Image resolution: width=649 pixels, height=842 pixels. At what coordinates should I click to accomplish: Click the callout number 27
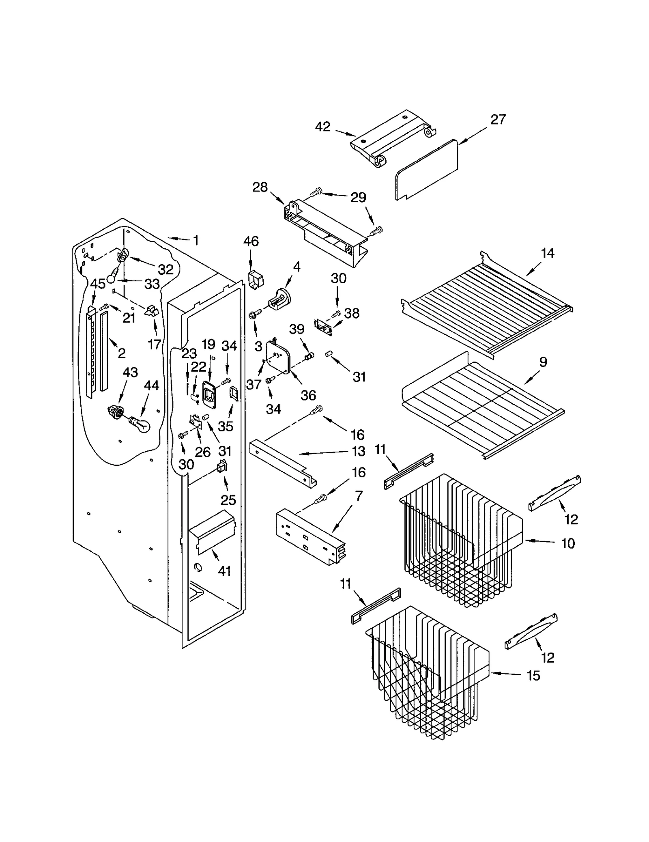point(498,119)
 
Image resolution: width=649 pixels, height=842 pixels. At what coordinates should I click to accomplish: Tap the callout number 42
point(322,127)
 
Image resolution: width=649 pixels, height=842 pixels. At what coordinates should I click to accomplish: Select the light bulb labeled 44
point(140,425)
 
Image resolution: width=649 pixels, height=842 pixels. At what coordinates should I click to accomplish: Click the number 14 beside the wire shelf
point(547,253)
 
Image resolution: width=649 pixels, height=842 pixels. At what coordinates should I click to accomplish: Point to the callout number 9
point(543,362)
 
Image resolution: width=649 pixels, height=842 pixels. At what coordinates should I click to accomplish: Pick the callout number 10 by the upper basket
point(568,543)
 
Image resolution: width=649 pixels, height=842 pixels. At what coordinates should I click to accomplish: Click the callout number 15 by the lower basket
point(533,675)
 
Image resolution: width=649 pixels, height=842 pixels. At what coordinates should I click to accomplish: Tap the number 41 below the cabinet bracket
point(224,571)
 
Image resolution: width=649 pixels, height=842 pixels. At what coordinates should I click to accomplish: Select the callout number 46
point(251,241)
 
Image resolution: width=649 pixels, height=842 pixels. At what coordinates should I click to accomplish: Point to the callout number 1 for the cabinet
point(196,240)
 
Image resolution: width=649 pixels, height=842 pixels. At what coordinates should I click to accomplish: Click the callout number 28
point(260,187)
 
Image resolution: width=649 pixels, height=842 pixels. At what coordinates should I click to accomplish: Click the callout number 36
point(308,395)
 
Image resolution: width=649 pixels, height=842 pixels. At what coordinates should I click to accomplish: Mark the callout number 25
point(228,500)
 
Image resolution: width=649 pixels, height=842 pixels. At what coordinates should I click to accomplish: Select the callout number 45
point(98,284)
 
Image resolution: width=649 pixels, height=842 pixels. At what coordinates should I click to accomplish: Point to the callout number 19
point(208,345)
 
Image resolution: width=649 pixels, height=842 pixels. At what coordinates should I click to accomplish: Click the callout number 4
point(297,267)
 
